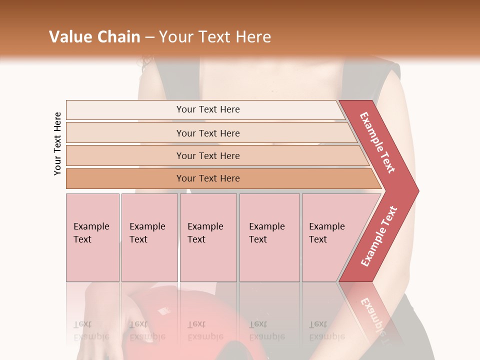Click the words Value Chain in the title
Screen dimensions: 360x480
point(94,37)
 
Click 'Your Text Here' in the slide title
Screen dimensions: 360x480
point(215,37)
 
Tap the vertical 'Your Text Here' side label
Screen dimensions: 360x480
point(58,143)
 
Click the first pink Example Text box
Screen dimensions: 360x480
point(92,237)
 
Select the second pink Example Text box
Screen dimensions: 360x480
point(149,237)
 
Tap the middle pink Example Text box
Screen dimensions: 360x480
point(208,237)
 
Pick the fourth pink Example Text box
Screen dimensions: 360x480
point(269,237)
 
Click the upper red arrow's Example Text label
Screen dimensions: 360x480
point(377,142)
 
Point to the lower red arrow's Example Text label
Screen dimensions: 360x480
point(379,236)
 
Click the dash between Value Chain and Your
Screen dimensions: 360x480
point(149,37)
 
